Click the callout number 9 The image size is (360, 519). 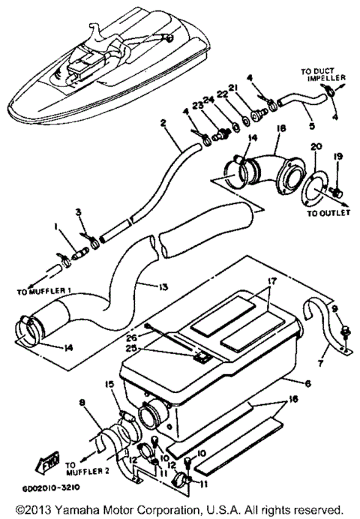pyautogui.click(x=334, y=308)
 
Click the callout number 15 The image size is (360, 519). pyautogui.click(x=110, y=384)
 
